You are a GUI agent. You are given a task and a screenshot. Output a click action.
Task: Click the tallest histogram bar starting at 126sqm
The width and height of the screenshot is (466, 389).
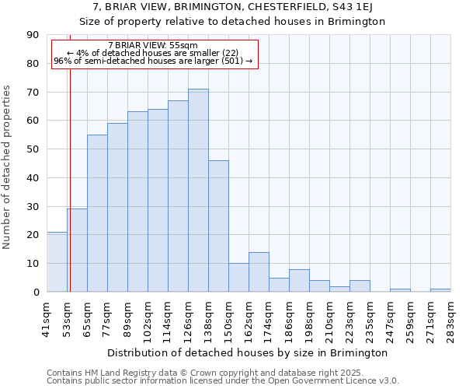point(198,191)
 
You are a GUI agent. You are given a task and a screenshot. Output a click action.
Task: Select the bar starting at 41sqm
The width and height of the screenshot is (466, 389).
point(57,262)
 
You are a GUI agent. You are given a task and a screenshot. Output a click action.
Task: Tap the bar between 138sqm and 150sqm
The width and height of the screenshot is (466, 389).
point(218,226)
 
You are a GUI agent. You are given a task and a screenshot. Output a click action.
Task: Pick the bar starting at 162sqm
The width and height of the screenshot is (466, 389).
point(259,272)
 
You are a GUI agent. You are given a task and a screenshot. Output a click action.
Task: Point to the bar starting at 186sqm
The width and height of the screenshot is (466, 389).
point(299,280)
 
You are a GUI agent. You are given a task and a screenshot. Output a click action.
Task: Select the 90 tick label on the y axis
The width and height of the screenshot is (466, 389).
point(33,35)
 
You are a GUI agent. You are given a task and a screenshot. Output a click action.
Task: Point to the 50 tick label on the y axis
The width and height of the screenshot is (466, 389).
point(33,149)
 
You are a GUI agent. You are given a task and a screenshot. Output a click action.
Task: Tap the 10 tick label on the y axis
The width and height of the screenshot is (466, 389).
point(33,264)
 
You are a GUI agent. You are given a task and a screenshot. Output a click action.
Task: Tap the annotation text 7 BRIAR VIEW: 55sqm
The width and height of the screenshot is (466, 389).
point(153,45)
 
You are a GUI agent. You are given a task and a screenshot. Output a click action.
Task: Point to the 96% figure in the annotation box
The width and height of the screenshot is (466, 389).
point(62,61)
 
